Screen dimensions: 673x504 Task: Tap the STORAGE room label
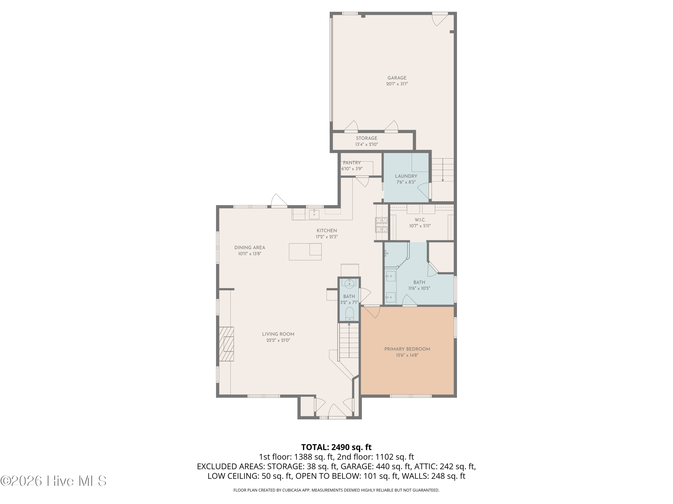pos(367,138)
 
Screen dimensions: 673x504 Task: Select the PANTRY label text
pos(352,163)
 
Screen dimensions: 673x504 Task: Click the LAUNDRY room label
pos(406,176)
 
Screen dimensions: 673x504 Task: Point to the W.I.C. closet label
pos(420,220)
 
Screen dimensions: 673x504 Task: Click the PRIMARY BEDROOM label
pos(407,349)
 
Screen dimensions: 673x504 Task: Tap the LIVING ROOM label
pos(278,334)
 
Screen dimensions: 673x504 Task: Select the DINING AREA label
pos(249,248)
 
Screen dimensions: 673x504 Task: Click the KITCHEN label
pos(327,230)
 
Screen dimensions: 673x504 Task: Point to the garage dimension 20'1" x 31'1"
pos(397,84)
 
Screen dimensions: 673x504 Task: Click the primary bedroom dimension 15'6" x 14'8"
pos(407,355)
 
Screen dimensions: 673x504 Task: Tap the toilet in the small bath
pos(349,314)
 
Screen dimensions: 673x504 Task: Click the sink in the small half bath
pos(349,284)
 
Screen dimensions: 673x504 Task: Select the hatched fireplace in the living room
pos(226,344)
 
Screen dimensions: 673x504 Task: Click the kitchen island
pos(305,252)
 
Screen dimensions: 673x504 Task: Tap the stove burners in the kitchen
pos(381,225)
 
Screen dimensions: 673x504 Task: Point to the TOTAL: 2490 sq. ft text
pos(336,447)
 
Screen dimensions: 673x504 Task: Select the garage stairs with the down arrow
pos(443,170)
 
